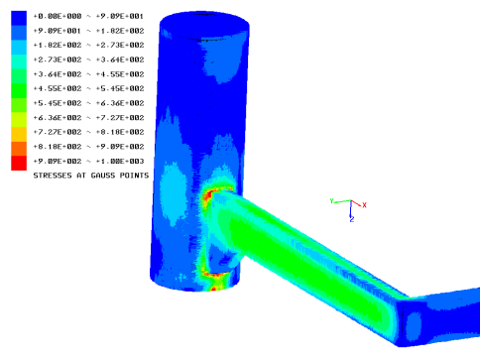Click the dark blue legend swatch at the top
click(19, 18)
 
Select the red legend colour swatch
click(19, 164)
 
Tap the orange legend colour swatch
click(19, 149)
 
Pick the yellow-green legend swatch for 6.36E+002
click(19, 120)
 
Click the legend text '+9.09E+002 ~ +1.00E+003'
click(88, 162)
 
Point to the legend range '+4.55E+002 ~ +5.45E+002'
click(88, 88)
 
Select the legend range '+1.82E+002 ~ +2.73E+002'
click(88, 45)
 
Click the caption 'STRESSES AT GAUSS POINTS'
click(91, 176)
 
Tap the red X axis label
click(364, 205)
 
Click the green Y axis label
click(332, 201)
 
